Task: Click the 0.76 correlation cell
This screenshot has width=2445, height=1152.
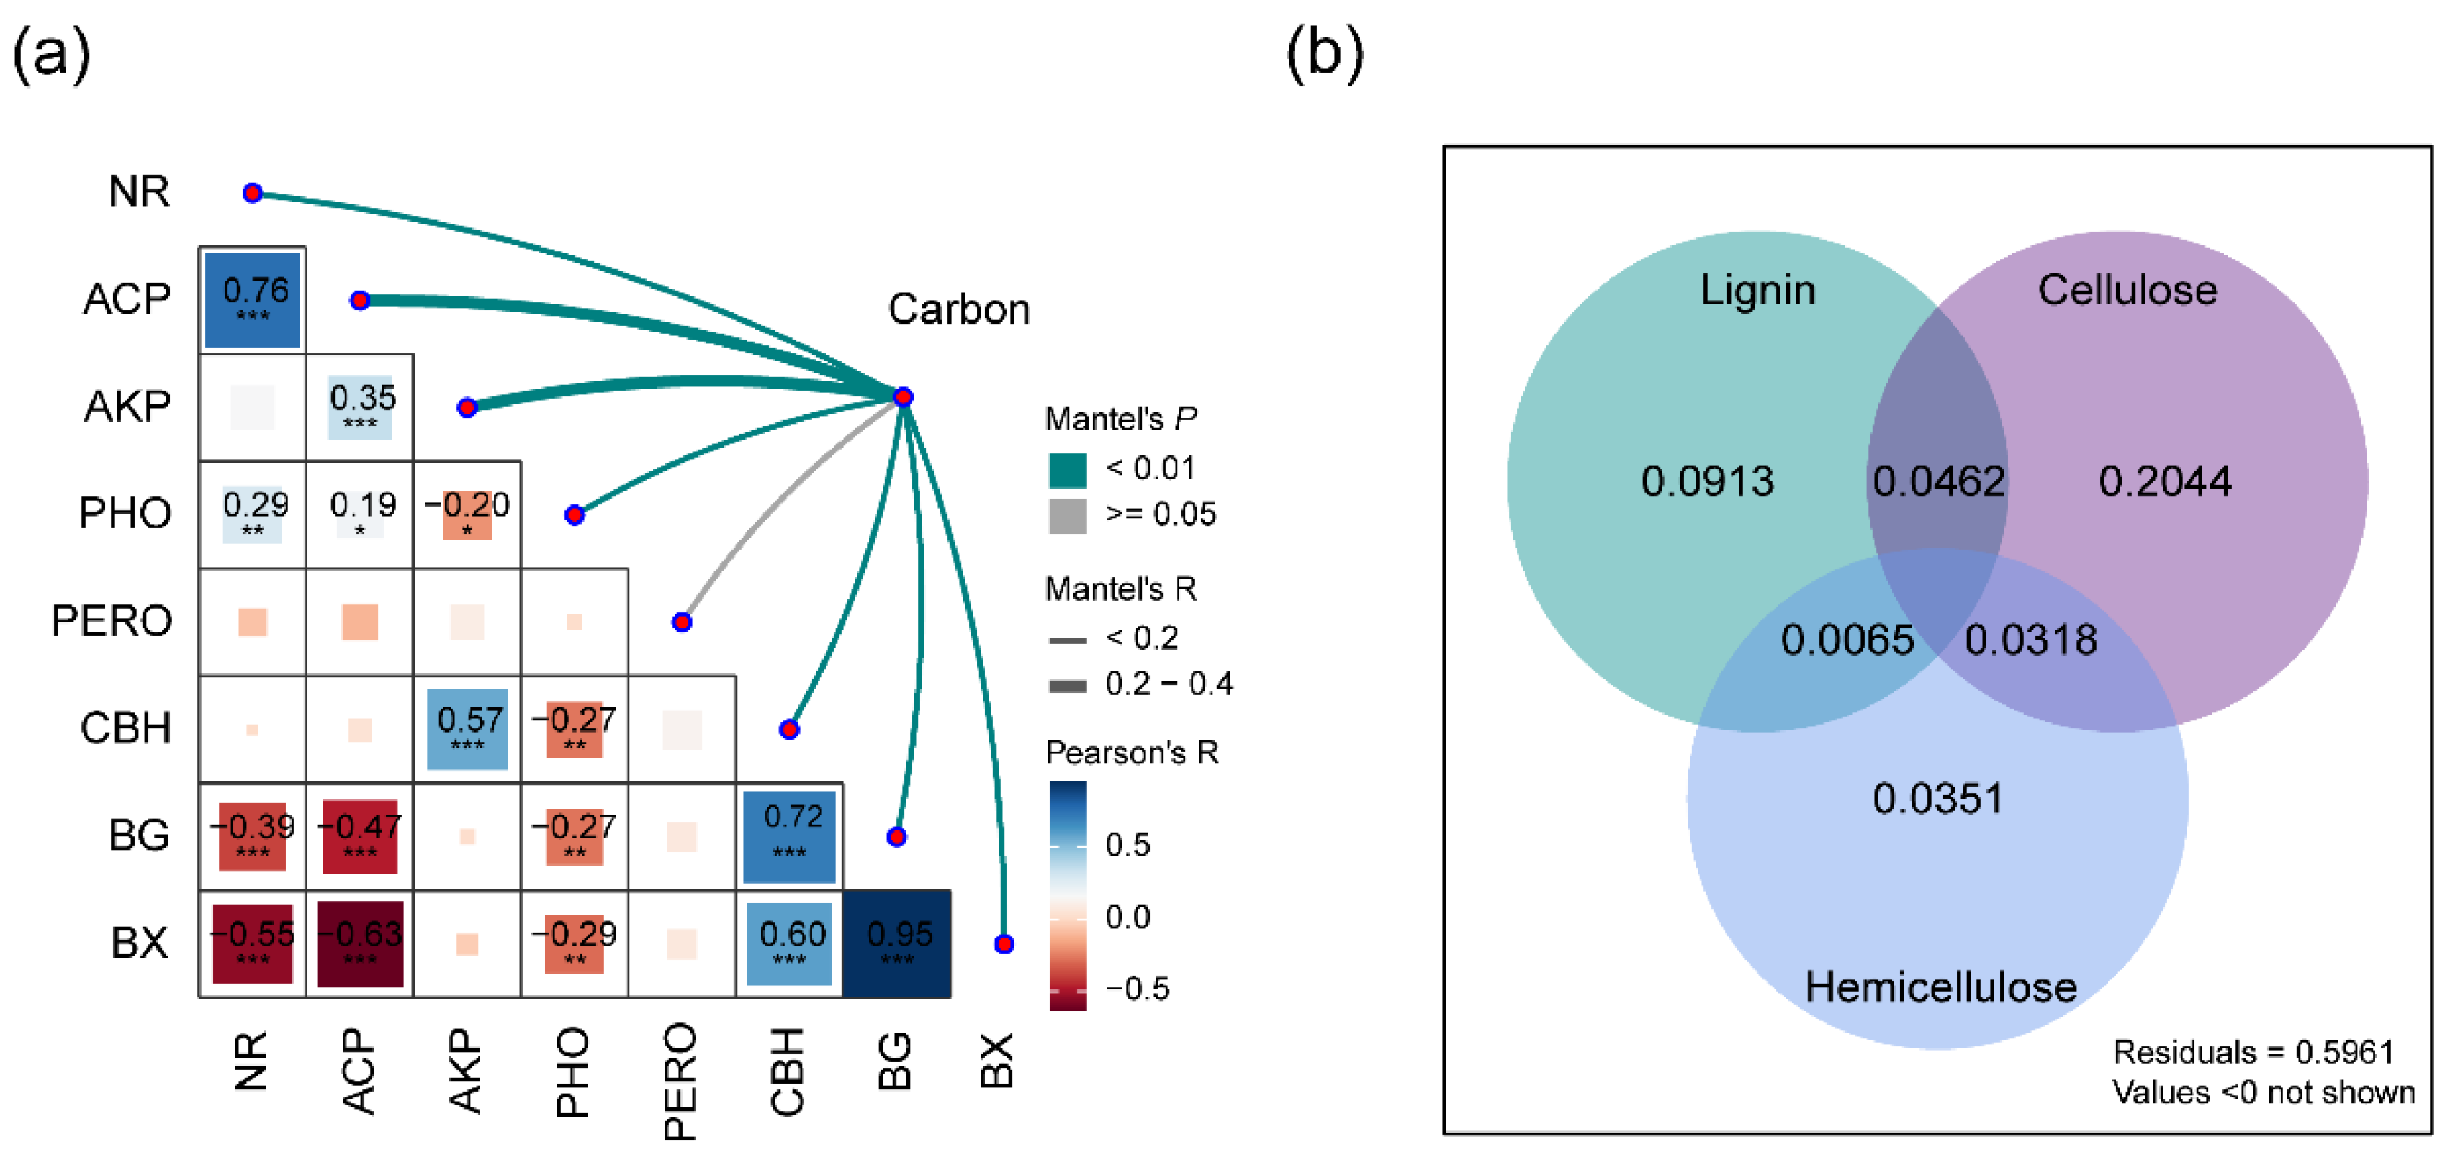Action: pos(253,299)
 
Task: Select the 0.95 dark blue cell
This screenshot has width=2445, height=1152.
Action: pos(897,943)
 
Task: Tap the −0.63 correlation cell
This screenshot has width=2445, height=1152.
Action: pos(360,943)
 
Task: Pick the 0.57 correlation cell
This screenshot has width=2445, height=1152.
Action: pos(467,729)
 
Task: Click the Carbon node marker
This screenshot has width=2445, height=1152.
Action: pos(904,396)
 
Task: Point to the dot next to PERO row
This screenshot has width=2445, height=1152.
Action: pos(682,622)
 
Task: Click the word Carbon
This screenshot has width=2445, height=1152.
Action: pos(959,309)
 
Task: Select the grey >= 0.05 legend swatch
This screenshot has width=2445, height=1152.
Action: pos(1068,515)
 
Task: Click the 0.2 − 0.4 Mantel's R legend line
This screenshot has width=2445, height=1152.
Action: pos(1068,686)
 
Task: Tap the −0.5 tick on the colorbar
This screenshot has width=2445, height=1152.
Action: pos(1137,989)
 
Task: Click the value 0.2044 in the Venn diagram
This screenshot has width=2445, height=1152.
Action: pos(2165,482)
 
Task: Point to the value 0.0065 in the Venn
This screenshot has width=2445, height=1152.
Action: pos(1847,640)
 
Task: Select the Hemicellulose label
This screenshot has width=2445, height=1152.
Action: pos(1940,988)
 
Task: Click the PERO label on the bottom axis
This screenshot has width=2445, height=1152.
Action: pos(680,1081)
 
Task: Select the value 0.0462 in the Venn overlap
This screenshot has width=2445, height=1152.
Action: pos(1938,482)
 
